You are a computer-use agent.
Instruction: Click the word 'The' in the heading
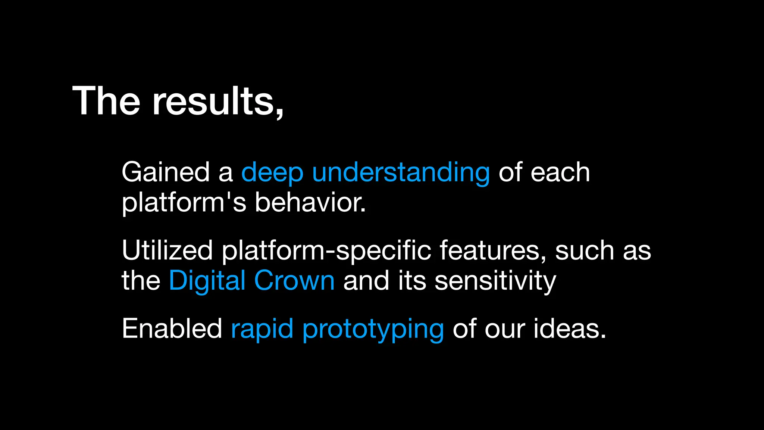[106, 101]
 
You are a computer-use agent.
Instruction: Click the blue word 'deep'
[272, 173]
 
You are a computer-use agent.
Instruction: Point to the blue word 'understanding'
[401, 173]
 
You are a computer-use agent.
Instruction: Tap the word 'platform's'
[184, 203]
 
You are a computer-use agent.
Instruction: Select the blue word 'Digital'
[207, 281]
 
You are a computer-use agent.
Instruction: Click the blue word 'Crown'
[294, 281]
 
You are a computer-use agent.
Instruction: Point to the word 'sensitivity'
[495, 281]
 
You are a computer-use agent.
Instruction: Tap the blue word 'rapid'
[262, 329]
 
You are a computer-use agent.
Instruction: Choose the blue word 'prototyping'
[373, 329]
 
